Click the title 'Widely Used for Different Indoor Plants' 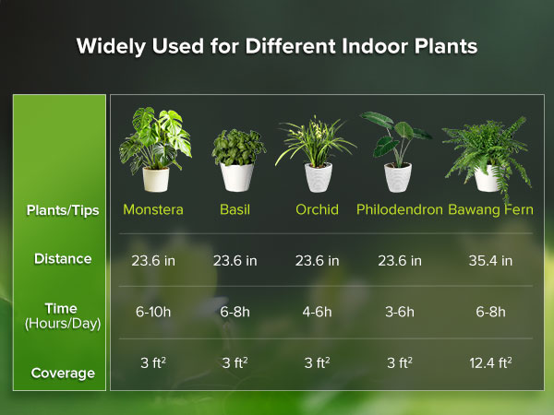tap(277, 46)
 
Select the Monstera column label tap(153, 209)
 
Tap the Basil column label tap(235, 209)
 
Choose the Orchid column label tap(317, 209)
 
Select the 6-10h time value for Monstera tap(153, 312)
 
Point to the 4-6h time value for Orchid tap(317, 312)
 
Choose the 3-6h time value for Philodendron tap(399, 312)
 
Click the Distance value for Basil tap(235, 260)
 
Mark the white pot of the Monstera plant tap(156, 179)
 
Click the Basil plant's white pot tap(236, 177)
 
